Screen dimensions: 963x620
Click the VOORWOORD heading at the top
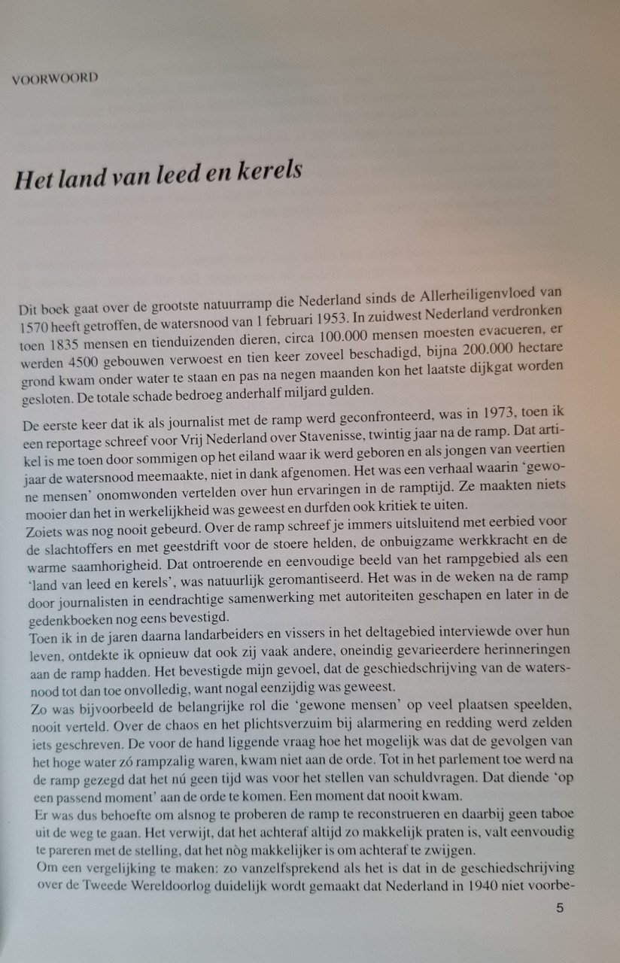click(x=55, y=78)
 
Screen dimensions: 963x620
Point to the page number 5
click(x=560, y=908)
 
